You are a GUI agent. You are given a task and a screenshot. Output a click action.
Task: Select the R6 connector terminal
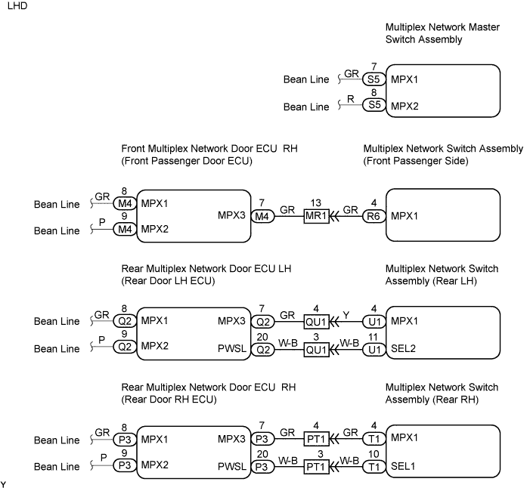373,216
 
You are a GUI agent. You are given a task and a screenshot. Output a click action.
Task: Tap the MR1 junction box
316,216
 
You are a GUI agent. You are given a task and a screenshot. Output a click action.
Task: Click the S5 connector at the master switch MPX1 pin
373,79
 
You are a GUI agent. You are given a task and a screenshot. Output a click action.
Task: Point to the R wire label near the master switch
351,100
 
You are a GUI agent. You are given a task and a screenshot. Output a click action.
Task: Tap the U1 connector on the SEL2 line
373,348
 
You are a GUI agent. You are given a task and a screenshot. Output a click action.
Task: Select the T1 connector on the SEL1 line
373,468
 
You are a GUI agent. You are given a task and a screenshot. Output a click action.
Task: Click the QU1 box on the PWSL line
316,348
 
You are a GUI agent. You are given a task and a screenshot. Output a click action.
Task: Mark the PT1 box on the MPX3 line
316,440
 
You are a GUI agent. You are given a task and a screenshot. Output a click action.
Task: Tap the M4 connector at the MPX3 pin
262,216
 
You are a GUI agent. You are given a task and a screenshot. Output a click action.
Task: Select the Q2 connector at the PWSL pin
262,348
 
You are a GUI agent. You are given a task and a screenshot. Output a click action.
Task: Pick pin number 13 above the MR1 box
316,202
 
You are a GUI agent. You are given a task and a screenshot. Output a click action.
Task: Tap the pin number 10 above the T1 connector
373,455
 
